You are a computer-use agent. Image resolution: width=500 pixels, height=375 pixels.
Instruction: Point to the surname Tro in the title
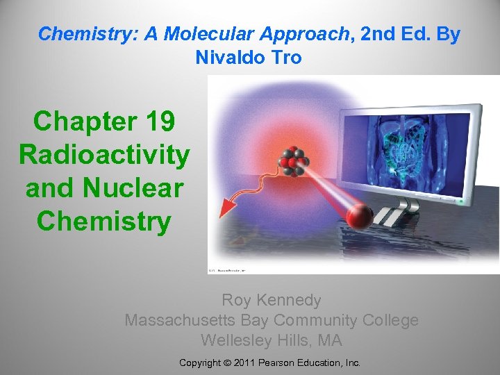pos(287,57)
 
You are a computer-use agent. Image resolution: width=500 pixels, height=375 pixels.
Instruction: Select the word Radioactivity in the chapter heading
pos(104,154)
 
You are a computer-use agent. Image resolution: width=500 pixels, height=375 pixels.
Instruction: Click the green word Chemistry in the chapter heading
pos(104,221)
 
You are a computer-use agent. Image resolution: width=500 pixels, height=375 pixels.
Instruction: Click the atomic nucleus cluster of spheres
pos(292,160)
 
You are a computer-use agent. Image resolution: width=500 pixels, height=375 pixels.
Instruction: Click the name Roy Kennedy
pos(272,300)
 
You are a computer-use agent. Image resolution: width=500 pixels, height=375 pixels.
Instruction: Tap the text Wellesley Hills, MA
pos(272,340)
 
